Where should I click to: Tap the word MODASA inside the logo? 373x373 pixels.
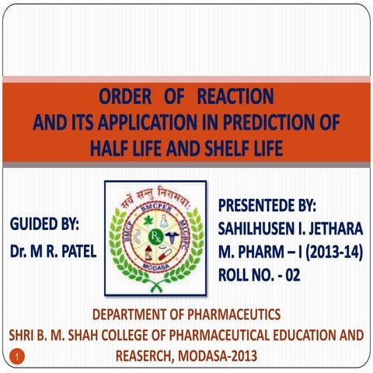tap(155, 268)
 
